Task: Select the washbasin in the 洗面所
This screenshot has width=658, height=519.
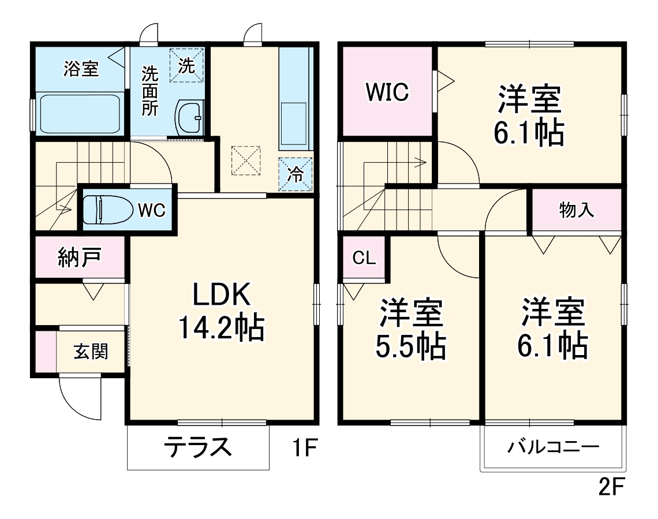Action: pos(189,117)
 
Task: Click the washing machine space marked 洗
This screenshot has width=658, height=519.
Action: pos(186,65)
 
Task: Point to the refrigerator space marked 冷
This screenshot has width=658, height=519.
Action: pos(296,174)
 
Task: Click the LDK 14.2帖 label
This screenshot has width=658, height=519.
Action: pos(221,312)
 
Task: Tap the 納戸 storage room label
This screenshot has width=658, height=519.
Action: pos(80,257)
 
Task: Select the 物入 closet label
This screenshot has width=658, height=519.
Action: pos(576,210)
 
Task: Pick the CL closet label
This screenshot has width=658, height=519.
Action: pos(364,258)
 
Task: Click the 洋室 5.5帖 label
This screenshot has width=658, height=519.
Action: pos(412,329)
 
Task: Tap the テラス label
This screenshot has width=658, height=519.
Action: pos(198,446)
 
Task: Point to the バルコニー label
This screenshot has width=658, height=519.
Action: pos(554,447)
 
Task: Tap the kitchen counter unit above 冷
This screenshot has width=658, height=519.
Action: pos(295,98)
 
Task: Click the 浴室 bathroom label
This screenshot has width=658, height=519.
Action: pos(81,69)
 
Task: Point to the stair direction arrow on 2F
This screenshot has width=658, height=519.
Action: pos(413,162)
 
